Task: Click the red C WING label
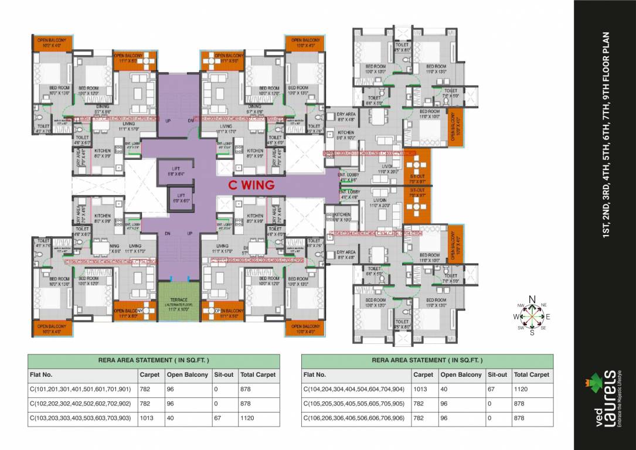point(251,185)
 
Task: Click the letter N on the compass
point(532,300)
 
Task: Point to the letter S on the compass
point(532,332)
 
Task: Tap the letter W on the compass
point(516,316)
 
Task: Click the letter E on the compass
point(548,316)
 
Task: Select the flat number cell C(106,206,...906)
point(353,419)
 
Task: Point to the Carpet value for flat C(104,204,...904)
point(422,389)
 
